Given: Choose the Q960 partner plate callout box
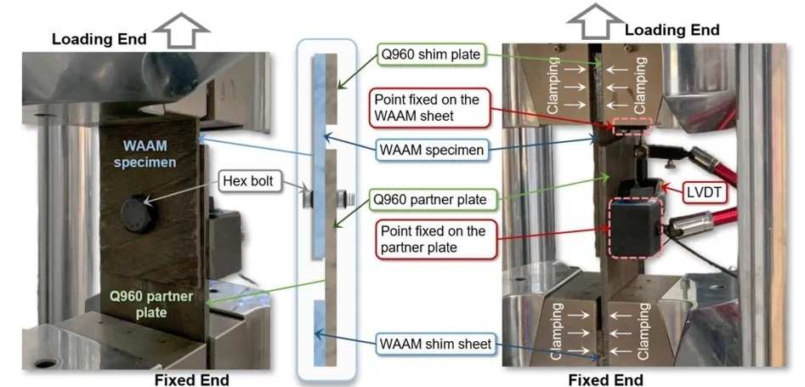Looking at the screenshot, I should tap(431, 200).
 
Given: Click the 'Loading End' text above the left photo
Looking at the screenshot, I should tap(99, 38).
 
